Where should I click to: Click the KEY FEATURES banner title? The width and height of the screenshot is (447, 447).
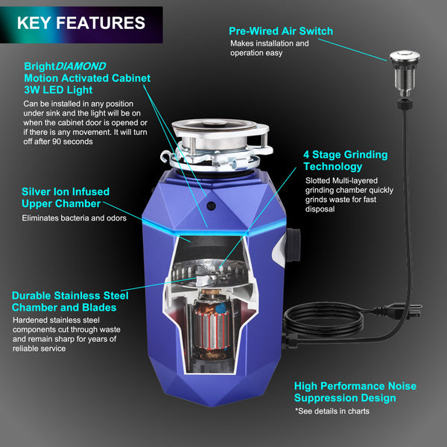[81, 23]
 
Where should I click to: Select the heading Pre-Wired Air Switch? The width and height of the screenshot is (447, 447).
[281, 31]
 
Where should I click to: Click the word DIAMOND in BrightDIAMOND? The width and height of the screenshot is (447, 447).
[80, 66]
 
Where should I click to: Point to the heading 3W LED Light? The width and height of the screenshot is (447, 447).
[58, 90]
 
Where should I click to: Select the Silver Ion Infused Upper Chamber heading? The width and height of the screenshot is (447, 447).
[66, 197]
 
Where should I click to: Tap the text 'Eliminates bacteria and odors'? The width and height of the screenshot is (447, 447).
[74, 218]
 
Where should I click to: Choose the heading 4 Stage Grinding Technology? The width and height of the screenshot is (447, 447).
[345, 160]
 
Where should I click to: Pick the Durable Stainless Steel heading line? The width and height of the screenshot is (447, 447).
[70, 296]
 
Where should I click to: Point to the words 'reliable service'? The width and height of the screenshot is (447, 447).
[39, 349]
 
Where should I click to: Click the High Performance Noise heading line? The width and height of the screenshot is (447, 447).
[355, 386]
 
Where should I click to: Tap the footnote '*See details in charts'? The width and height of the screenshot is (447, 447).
[332, 411]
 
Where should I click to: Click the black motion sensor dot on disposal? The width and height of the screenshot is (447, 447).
[212, 206]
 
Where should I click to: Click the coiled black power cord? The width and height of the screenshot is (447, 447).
[323, 320]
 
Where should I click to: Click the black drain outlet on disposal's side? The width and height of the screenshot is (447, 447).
[293, 245]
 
